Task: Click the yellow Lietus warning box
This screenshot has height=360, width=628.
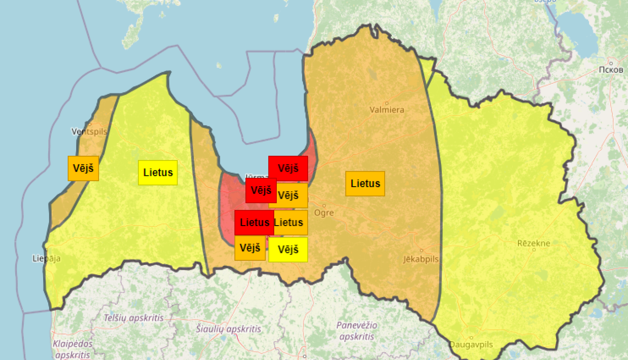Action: (x=158, y=172)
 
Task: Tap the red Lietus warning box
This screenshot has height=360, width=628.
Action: (x=254, y=222)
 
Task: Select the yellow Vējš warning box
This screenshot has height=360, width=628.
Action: (x=288, y=249)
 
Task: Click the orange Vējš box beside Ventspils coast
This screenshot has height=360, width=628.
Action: (x=83, y=168)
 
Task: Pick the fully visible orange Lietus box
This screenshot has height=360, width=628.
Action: (x=365, y=183)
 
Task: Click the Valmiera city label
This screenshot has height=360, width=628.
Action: (x=386, y=110)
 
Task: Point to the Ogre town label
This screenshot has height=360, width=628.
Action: (x=324, y=213)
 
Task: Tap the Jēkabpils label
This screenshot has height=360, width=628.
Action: (x=421, y=259)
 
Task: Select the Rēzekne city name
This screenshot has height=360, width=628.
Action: (x=533, y=243)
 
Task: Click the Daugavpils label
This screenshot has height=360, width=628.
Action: (x=471, y=345)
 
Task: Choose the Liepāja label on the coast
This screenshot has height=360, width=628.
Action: (x=46, y=258)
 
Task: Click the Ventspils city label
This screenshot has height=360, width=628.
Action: (x=89, y=131)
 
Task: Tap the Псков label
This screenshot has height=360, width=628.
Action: (x=611, y=70)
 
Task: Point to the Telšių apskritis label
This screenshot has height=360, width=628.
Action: (x=134, y=318)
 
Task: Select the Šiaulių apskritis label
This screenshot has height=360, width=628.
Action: (x=229, y=329)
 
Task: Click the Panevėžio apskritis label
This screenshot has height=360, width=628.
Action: (x=357, y=330)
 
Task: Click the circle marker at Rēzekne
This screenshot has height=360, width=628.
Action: (x=534, y=250)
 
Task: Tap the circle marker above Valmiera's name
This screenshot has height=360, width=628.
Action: (x=386, y=103)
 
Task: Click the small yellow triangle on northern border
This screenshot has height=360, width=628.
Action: (x=427, y=69)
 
